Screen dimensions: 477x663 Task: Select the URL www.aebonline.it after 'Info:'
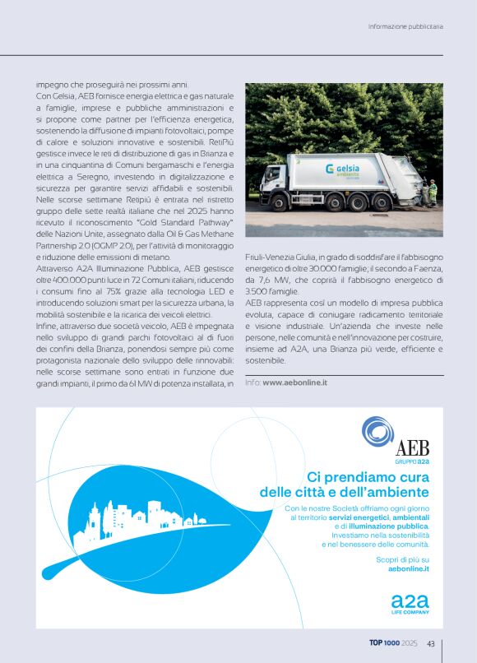(x=295, y=382)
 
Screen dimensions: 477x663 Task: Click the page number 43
(x=431, y=644)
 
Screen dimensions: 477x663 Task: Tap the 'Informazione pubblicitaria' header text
(x=405, y=26)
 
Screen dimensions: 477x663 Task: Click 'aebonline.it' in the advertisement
(x=409, y=568)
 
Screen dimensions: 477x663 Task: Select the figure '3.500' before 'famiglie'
(x=258, y=290)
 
